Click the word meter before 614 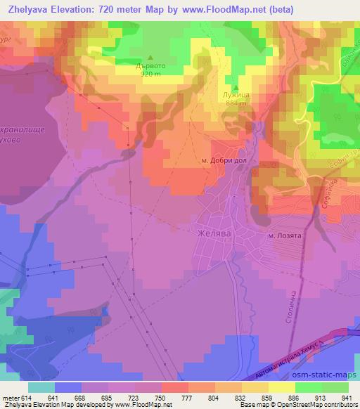tap(10, 398)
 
